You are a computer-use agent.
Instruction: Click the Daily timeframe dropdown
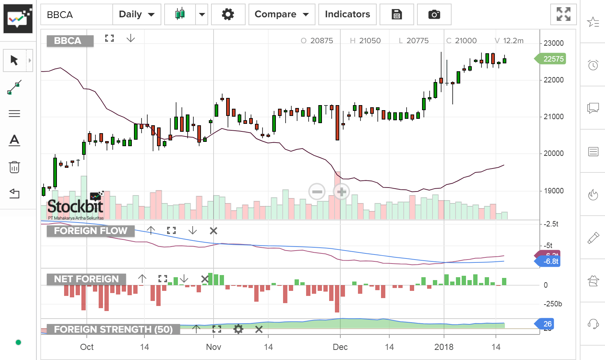(x=136, y=14)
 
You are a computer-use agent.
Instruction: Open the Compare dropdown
(x=282, y=14)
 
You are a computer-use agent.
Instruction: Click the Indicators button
(x=347, y=14)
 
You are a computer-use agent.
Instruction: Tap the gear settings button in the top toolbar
(x=228, y=14)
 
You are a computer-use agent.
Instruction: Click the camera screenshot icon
(x=434, y=14)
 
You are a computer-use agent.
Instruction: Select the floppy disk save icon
(x=396, y=14)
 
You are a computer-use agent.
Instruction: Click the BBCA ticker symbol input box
(x=77, y=14)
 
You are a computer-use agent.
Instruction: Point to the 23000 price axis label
(x=554, y=43)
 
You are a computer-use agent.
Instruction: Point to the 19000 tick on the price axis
(x=554, y=191)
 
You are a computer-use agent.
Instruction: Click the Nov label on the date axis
(x=213, y=347)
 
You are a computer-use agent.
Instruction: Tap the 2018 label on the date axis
(x=444, y=347)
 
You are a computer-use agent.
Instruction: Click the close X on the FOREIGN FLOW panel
(x=214, y=231)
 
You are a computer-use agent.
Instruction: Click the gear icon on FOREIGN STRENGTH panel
(x=238, y=329)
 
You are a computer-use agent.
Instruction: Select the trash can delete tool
(x=14, y=167)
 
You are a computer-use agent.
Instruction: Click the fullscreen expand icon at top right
(x=563, y=14)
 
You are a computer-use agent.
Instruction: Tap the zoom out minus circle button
(x=317, y=192)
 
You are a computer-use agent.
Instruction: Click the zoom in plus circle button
(x=341, y=192)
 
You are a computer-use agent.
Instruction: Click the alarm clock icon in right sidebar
(x=593, y=65)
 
